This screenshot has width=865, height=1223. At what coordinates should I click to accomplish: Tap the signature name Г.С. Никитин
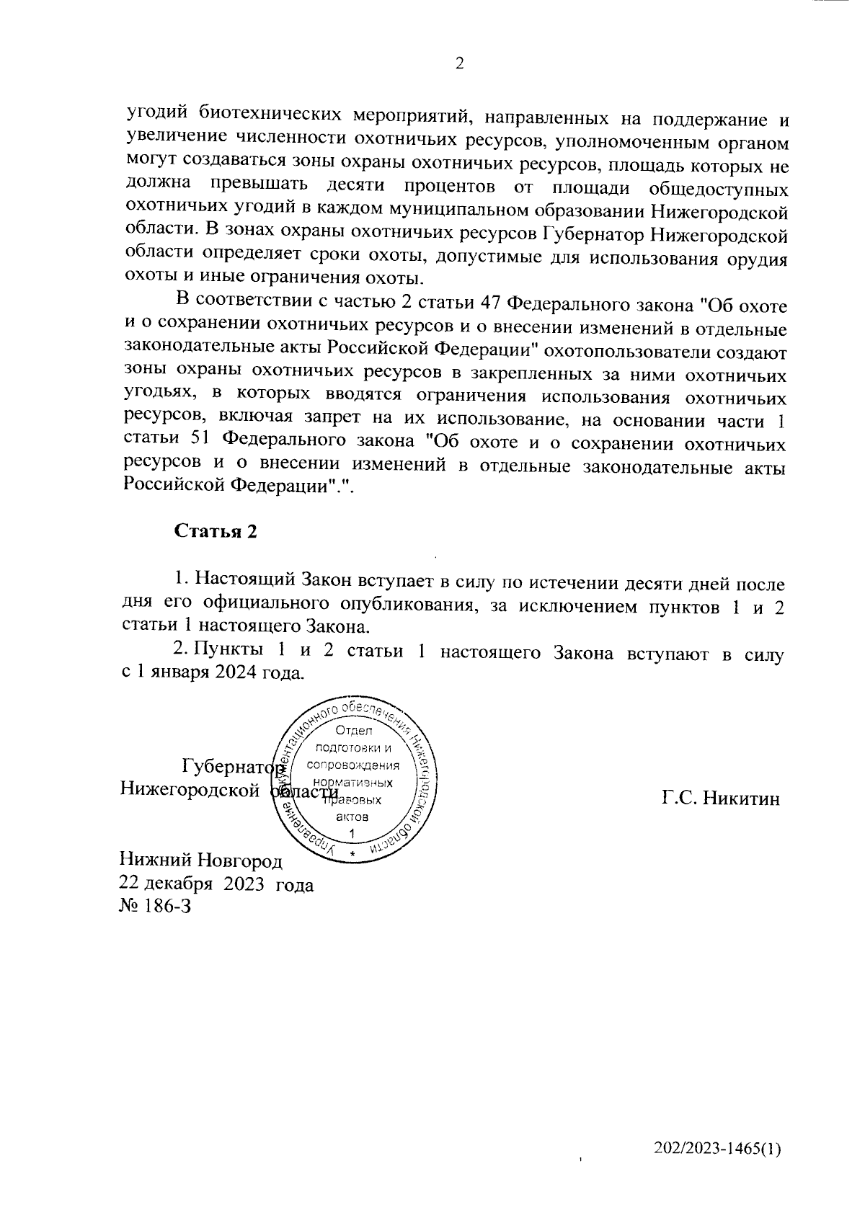coord(721,799)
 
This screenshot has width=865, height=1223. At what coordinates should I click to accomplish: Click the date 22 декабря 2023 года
coord(217,884)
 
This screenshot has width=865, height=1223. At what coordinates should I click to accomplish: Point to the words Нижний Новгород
coord(201,860)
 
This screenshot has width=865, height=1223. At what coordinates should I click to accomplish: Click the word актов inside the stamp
coord(352,817)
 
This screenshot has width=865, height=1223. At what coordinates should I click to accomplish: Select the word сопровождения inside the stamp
coord(353,765)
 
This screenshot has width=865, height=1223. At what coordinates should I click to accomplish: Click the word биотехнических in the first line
coord(276,113)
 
